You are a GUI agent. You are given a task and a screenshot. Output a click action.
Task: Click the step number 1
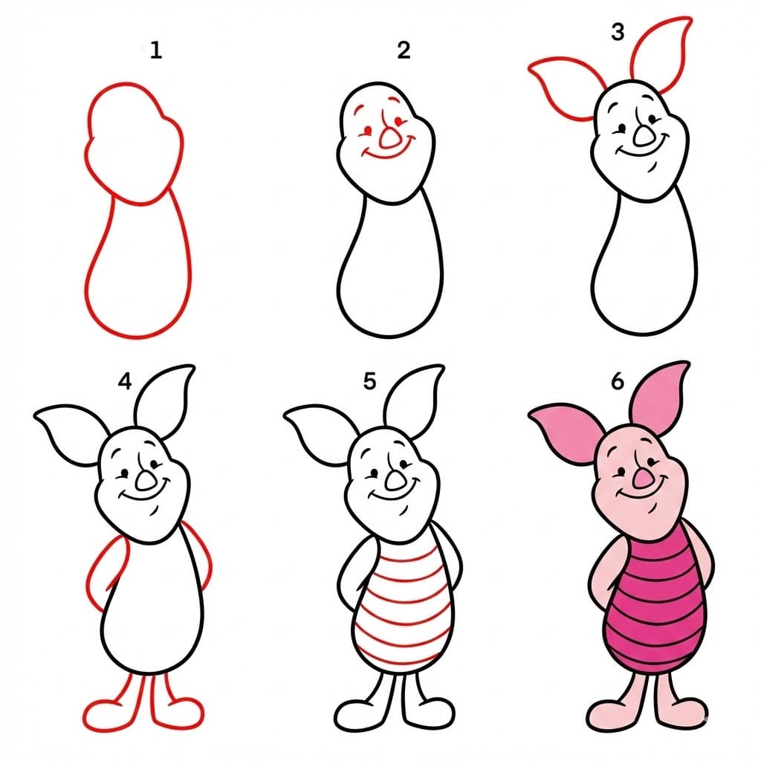pyautogui.click(x=155, y=51)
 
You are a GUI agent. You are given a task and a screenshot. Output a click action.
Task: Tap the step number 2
pyautogui.click(x=404, y=51)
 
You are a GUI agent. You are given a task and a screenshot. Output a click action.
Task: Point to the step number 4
pyautogui.click(x=124, y=382)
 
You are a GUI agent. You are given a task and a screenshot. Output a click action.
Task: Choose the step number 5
pyautogui.click(x=370, y=382)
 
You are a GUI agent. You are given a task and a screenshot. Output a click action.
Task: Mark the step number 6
pyautogui.click(x=616, y=382)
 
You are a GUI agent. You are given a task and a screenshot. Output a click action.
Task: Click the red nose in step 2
pyautogui.click(x=389, y=137)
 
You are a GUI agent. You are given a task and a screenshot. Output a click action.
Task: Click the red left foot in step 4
pyautogui.click(x=108, y=713)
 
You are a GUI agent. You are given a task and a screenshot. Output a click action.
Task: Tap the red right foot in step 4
pyautogui.click(x=178, y=713)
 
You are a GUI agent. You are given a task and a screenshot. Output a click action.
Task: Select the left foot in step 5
pyautogui.click(x=357, y=713)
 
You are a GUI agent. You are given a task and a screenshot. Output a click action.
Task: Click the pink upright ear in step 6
pyautogui.click(x=661, y=398)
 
